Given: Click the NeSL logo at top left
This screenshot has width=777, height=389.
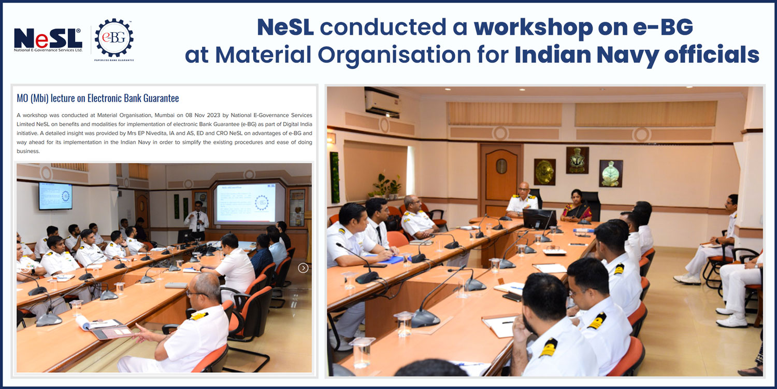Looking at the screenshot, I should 48,40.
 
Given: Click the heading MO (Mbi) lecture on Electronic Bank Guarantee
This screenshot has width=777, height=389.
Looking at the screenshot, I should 98,98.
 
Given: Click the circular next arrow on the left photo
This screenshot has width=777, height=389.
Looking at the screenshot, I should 304,268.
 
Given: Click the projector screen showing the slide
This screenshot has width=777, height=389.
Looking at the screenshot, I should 245,203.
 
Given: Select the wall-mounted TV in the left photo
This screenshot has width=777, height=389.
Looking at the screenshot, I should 55,196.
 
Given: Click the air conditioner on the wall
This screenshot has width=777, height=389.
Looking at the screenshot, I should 383,102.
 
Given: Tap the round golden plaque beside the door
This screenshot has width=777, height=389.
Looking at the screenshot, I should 544,172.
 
